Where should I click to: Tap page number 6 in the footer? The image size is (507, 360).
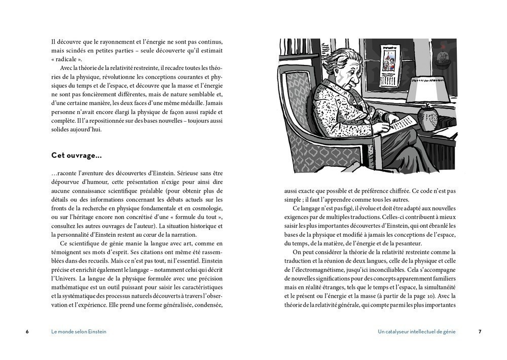(x=27, y=332)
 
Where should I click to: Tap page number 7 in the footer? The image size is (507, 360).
(x=480, y=332)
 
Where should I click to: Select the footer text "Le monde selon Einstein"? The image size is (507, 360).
(x=79, y=332)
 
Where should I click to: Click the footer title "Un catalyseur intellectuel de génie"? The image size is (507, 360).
(x=416, y=332)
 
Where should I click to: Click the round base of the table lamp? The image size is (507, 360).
(x=428, y=119)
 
